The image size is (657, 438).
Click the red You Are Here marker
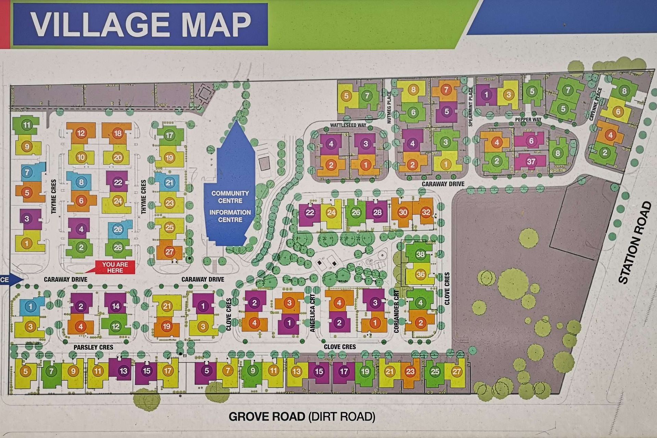pyautogui.click(x=115, y=267)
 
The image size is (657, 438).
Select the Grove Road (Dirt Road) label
pyautogui.click(x=302, y=416)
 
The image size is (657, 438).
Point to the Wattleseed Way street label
pyautogui.click(x=348, y=125)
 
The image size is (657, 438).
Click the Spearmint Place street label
pyautogui.click(x=471, y=106)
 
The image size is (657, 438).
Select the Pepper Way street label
pyautogui.click(x=528, y=119)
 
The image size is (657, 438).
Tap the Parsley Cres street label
pyautogui.click(x=93, y=347)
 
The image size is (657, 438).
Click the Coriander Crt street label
pyautogui.click(x=396, y=311)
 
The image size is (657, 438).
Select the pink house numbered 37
pyautogui.click(x=531, y=161)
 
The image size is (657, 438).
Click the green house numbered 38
pyautogui.click(x=420, y=254)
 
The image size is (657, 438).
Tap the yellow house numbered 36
pyautogui.click(x=420, y=274)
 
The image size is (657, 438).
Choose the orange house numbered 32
pyautogui.click(x=425, y=212)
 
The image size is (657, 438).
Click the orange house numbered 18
pyautogui.click(x=117, y=133)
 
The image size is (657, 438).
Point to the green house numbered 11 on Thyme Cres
pyautogui.click(x=27, y=125)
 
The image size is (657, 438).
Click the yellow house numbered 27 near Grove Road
pyautogui.click(x=456, y=372)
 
